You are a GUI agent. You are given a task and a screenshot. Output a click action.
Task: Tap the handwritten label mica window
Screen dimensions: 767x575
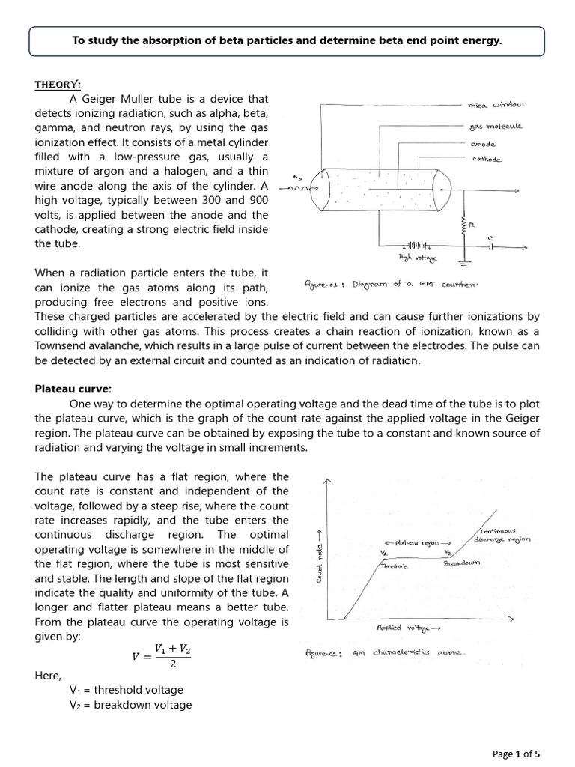pos(497,106)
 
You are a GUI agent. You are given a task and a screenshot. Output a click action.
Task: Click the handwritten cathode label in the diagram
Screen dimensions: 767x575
pos(487,159)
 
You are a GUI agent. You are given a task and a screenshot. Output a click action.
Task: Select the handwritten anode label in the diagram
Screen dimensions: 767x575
pos(484,143)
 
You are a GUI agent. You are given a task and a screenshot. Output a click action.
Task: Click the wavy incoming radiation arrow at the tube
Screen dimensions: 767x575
pos(300,187)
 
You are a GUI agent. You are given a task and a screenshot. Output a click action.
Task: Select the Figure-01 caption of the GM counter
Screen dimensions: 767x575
pos(389,285)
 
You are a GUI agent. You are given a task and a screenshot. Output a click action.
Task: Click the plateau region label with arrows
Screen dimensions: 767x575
pos(417,541)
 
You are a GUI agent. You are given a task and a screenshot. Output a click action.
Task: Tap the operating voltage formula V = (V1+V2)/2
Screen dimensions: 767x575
pos(160,654)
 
